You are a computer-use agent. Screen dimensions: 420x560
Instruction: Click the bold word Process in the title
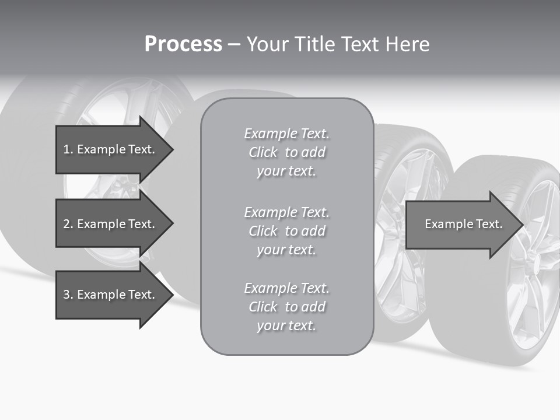click(183, 44)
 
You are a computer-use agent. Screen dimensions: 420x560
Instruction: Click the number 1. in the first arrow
click(68, 149)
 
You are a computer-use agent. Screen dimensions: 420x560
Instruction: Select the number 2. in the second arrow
click(68, 224)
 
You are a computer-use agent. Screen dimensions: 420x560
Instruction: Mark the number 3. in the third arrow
click(68, 295)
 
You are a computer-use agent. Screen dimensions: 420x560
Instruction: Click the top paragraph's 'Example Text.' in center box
click(286, 134)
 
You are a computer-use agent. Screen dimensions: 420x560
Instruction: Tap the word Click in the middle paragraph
click(263, 231)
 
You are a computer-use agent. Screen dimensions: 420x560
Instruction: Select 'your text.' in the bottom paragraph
click(286, 325)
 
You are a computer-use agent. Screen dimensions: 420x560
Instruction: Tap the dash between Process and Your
click(234, 44)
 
